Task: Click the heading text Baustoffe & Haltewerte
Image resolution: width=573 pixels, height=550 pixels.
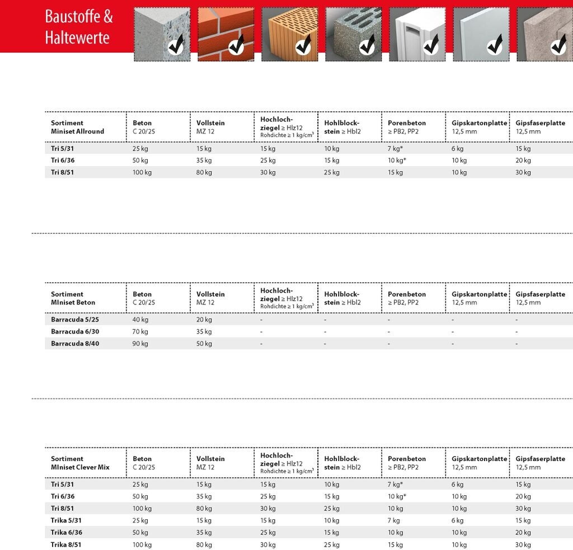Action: (78, 27)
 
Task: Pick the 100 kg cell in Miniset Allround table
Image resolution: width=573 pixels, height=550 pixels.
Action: (142, 172)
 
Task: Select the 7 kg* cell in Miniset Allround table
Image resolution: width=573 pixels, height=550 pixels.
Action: (396, 149)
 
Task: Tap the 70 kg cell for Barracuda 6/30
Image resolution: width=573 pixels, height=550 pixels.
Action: (140, 332)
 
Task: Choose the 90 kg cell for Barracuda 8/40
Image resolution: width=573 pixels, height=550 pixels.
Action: (140, 344)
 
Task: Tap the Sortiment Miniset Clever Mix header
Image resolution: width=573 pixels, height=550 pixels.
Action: (80, 463)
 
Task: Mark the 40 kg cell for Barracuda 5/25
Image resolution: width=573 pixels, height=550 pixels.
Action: (140, 319)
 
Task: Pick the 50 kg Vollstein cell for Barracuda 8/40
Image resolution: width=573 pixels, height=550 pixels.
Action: (204, 344)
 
